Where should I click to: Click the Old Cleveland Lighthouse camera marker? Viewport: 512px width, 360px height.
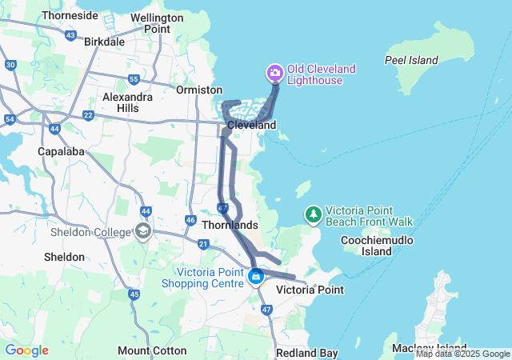point(275,74)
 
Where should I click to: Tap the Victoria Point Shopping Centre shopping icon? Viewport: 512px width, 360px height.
point(256,278)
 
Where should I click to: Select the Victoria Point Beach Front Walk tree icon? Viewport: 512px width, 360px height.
point(313,214)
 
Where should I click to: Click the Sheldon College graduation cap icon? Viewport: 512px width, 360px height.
point(143,232)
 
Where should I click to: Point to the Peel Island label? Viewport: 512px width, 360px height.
point(411,60)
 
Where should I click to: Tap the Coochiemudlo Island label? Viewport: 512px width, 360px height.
point(366,246)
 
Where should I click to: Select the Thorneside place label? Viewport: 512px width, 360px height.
point(70,15)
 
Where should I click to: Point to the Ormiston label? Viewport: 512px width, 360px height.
point(199,90)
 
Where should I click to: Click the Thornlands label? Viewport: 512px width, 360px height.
point(230,226)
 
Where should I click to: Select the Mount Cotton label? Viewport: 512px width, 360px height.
point(152,350)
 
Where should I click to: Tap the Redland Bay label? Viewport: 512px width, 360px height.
point(306,353)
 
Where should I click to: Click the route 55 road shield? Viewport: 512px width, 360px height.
point(134,79)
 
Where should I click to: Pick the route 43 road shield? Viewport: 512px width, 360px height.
point(72,35)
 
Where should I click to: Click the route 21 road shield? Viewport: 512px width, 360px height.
point(204,244)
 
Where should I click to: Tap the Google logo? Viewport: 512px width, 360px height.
point(26,350)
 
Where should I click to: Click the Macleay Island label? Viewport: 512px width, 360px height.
point(430,348)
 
